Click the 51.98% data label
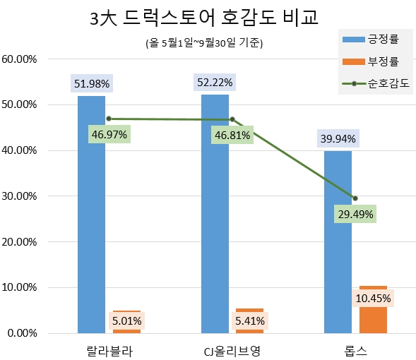[x=91, y=83]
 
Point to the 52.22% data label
[x=215, y=83]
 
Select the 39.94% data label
[x=338, y=138]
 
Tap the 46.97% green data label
[x=109, y=135]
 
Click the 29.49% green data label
[x=355, y=214]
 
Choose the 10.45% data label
[x=373, y=298]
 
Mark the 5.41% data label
[x=250, y=321]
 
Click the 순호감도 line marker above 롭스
[x=355, y=198]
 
